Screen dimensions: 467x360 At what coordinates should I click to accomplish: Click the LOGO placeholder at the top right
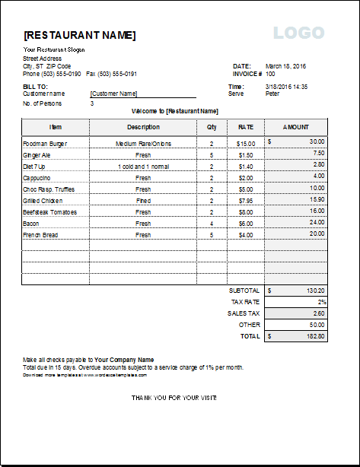point(298,33)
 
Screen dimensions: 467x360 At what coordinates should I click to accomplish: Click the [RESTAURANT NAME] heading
point(80,35)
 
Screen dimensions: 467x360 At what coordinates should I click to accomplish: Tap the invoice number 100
point(270,74)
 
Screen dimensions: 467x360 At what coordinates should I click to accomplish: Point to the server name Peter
point(272,94)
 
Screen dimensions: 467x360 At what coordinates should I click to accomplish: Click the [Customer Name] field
point(113,94)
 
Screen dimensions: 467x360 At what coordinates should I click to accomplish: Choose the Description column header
point(143,127)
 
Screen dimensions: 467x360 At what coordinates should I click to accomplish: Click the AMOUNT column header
point(296,127)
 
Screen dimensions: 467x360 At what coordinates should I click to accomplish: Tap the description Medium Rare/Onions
point(143,143)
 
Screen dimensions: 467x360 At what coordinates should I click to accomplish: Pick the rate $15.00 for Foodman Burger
point(246,143)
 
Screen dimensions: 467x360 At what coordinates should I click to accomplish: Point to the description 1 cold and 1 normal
point(143,166)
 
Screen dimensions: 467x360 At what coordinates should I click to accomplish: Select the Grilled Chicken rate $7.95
point(246,200)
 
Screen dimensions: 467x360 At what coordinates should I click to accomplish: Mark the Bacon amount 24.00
point(317,222)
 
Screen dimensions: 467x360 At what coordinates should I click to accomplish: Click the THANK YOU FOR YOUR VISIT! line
point(174,397)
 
